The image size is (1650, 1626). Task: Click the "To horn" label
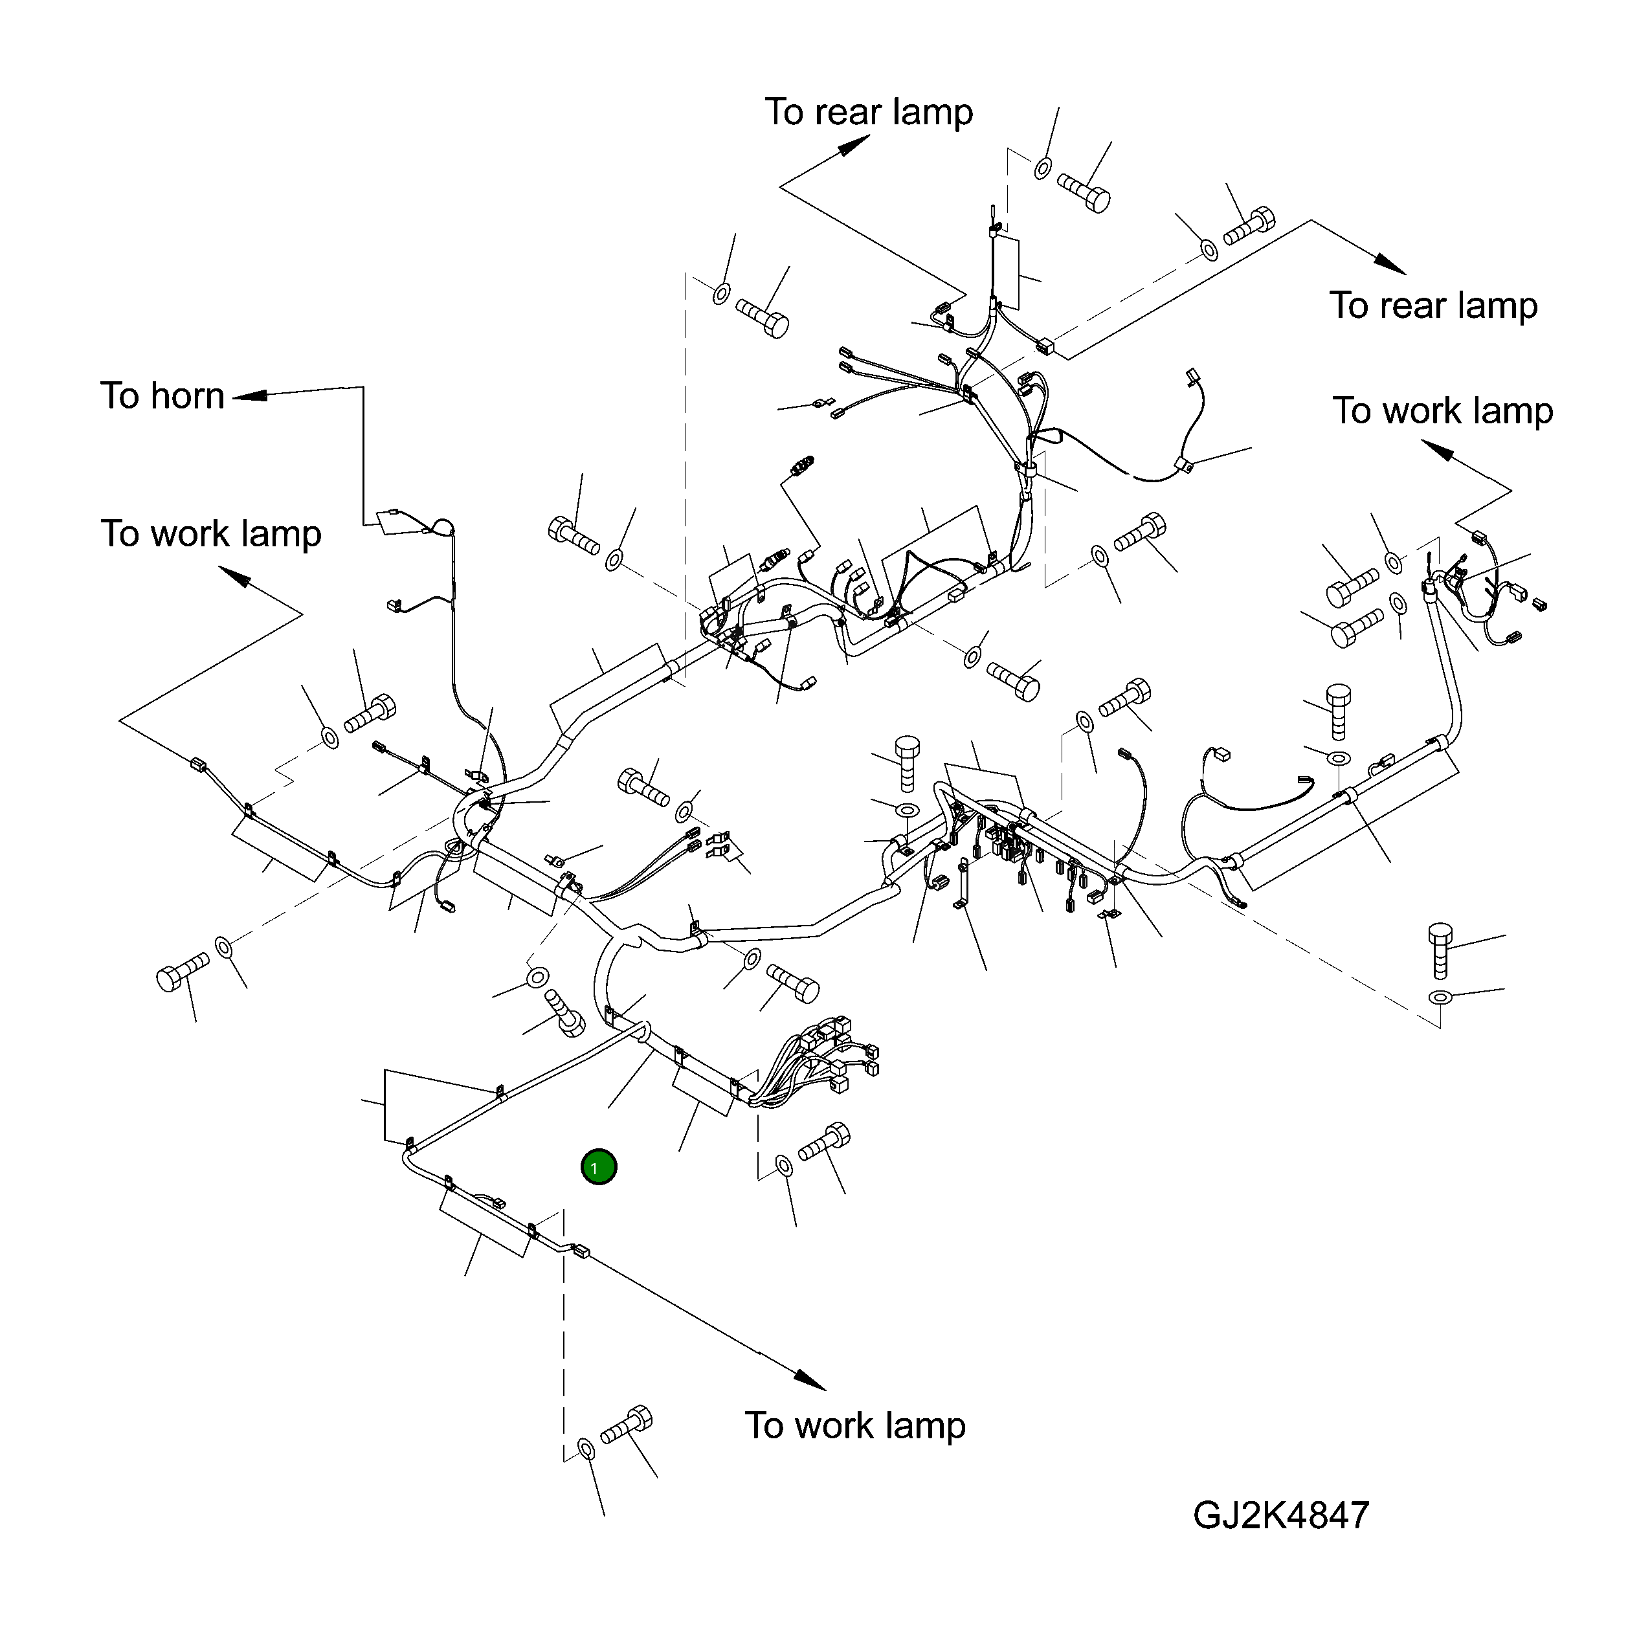click(162, 396)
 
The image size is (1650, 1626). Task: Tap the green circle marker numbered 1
click(598, 1166)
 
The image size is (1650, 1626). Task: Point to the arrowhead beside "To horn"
click(249, 395)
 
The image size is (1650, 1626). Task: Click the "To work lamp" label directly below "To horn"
click(211, 534)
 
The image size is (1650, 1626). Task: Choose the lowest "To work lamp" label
click(855, 1425)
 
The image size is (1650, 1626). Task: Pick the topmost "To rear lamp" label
click(869, 112)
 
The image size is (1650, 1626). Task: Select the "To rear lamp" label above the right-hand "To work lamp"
click(1433, 306)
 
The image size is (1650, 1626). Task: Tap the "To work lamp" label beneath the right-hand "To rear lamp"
click(1442, 411)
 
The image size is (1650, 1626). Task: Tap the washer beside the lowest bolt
click(586, 1449)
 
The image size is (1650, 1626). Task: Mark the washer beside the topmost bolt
click(1043, 168)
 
